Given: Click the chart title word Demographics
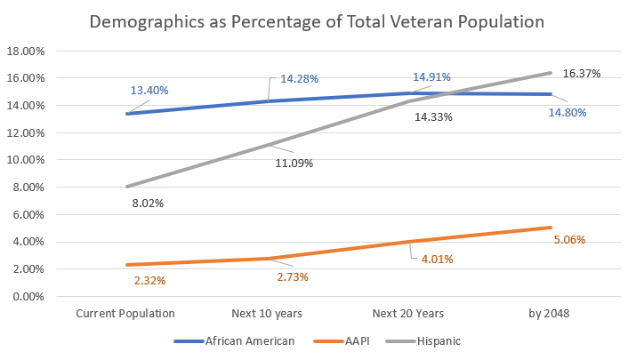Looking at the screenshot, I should click(145, 20).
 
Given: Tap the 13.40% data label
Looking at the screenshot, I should click(149, 91).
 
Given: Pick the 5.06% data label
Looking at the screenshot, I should click(568, 240).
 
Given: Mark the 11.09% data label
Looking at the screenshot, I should click(294, 163).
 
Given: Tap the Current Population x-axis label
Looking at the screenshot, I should click(125, 313).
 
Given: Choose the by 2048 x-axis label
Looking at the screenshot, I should click(550, 313).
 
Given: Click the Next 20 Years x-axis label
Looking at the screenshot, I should click(408, 313).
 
